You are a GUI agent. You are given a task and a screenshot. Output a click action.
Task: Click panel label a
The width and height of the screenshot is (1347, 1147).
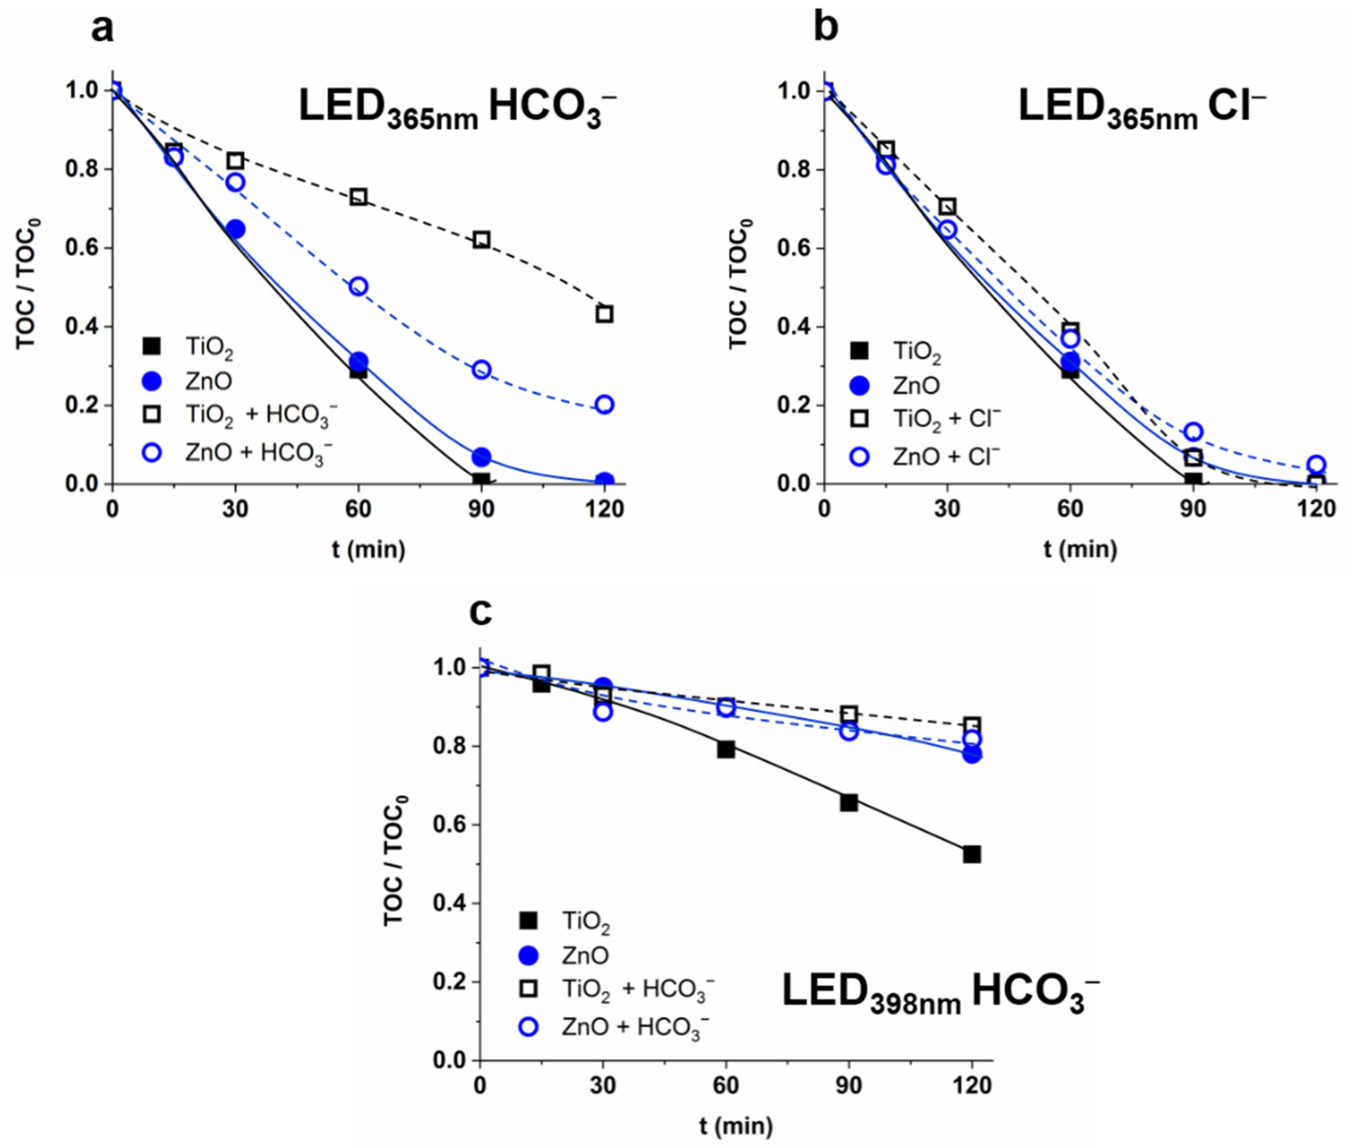pyautogui.click(x=103, y=29)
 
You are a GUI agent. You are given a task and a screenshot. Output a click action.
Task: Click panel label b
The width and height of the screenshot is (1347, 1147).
pyautogui.click(x=826, y=29)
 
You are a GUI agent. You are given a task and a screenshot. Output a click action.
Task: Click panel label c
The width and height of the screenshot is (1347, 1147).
pyautogui.click(x=481, y=613)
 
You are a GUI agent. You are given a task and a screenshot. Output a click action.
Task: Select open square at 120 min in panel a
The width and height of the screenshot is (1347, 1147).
pyautogui.click(x=604, y=314)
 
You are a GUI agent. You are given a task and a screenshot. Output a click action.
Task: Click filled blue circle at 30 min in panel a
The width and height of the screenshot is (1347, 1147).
pyautogui.click(x=235, y=229)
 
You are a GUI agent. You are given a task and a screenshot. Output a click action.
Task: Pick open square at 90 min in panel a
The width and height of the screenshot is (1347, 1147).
pyautogui.click(x=481, y=239)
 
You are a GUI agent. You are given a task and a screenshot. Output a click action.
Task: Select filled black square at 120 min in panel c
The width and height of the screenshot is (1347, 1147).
pyautogui.click(x=972, y=854)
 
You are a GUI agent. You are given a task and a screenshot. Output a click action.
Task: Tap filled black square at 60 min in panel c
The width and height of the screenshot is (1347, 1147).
pyautogui.click(x=726, y=749)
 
